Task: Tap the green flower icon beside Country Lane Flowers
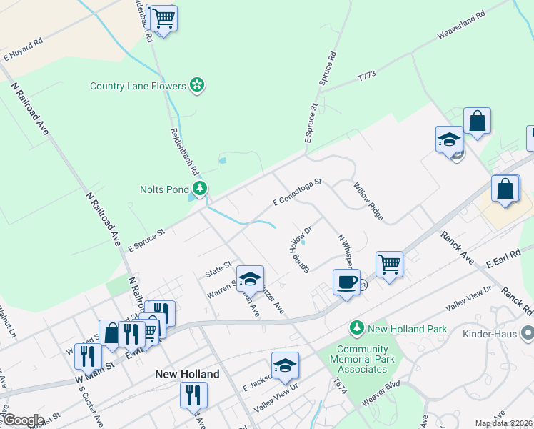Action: pyautogui.click(x=198, y=86)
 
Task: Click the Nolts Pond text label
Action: pyautogui.click(x=164, y=189)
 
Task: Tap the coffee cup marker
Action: pyautogui.click(x=346, y=282)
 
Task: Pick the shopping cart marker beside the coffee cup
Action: pyautogui.click(x=390, y=264)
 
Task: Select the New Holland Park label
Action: pyautogui.click(x=407, y=329)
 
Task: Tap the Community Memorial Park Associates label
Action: pyautogui.click(x=362, y=359)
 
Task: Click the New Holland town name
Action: pyautogui.click(x=187, y=374)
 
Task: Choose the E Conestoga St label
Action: pyautogui.click(x=297, y=193)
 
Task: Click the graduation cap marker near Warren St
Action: pyautogui.click(x=250, y=279)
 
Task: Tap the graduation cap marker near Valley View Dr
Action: pyautogui.click(x=285, y=366)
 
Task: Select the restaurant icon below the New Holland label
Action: pyautogui.click(x=193, y=394)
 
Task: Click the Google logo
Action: pyautogui.click(x=23, y=420)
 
